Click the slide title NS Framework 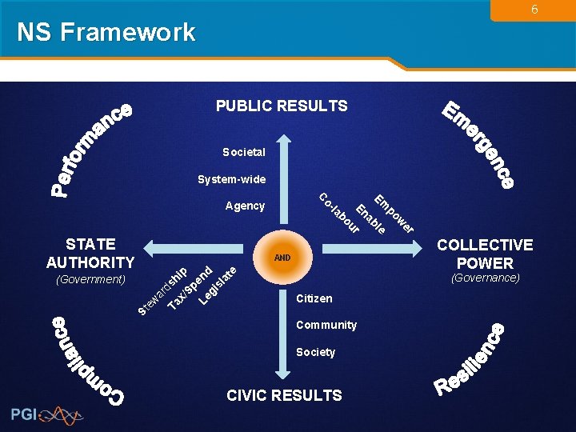coord(106,32)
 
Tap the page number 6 coord(534,10)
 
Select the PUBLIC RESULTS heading coord(282,106)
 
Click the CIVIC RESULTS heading coord(284,395)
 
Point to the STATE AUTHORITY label coord(90,253)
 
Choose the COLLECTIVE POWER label coord(485,254)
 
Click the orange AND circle coord(282,258)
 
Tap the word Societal coord(244,152)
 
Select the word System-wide coord(232,179)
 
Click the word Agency coord(245,206)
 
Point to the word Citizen coord(314,298)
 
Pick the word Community coord(326,325)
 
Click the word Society coord(316,352)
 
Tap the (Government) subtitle coord(90,279)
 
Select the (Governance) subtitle coord(486,278)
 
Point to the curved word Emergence coord(480,144)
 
